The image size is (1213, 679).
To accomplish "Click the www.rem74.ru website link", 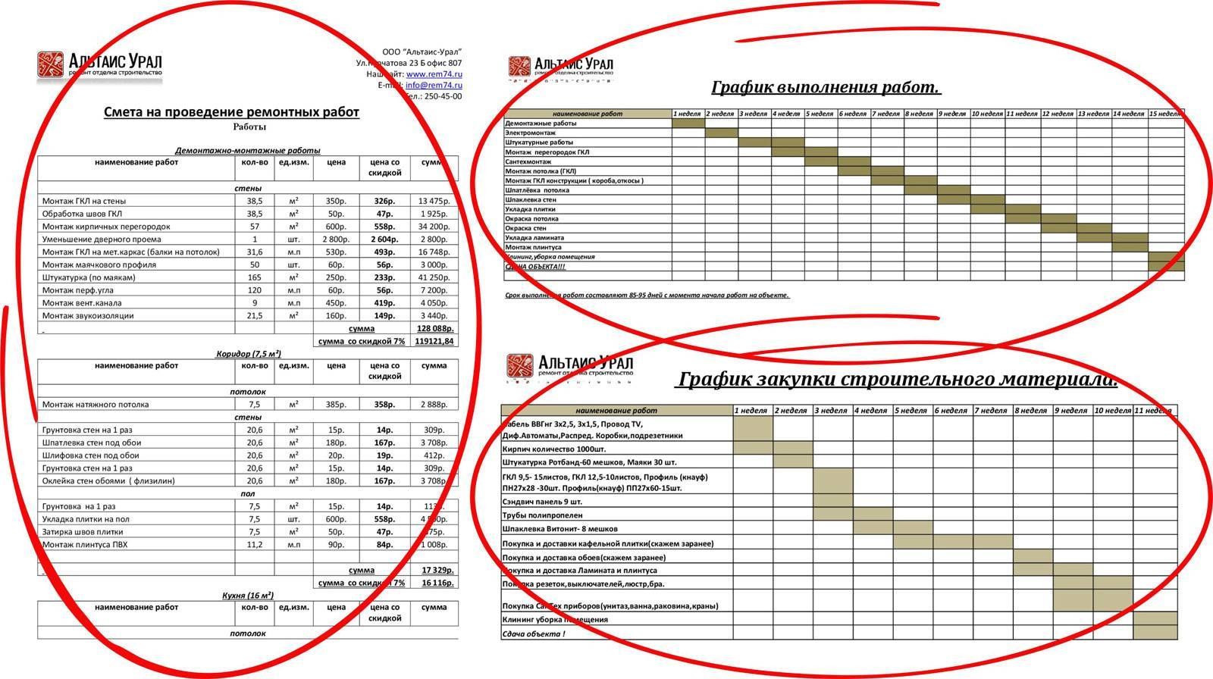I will pyautogui.click(x=434, y=74).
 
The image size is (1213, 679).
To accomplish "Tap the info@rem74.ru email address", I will pyautogui.click(x=434, y=86).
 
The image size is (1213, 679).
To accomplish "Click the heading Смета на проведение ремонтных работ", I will pyautogui.click(x=231, y=112).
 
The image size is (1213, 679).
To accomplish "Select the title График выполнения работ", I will pyautogui.click(x=826, y=87).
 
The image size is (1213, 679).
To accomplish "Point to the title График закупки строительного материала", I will pyautogui.click(x=896, y=379).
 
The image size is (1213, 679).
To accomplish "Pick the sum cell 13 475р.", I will pyautogui.click(x=434, y=201).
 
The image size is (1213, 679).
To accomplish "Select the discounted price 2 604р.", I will pyautogui.click(x=384, y=239).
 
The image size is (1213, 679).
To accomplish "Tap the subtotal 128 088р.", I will pyautogui.click(x=434, y=329).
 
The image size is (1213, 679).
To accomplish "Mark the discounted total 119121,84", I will pyautogui.click(x=434, y=342).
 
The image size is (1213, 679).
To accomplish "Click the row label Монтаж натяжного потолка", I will pyautogui.click(x=96, y=405).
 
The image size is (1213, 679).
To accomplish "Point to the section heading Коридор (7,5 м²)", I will pyautogui.click(x=248, y=354).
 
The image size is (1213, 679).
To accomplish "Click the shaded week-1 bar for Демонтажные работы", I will pyautogui.click(x=688, y=124).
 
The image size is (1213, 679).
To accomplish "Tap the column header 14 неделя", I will pyautogui.click(x=1129, y=114).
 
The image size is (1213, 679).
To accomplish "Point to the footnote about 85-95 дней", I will pyautogui.click(x=647, y=295).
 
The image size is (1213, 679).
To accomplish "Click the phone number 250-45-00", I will pyautogui.click(x=443, y=97).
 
